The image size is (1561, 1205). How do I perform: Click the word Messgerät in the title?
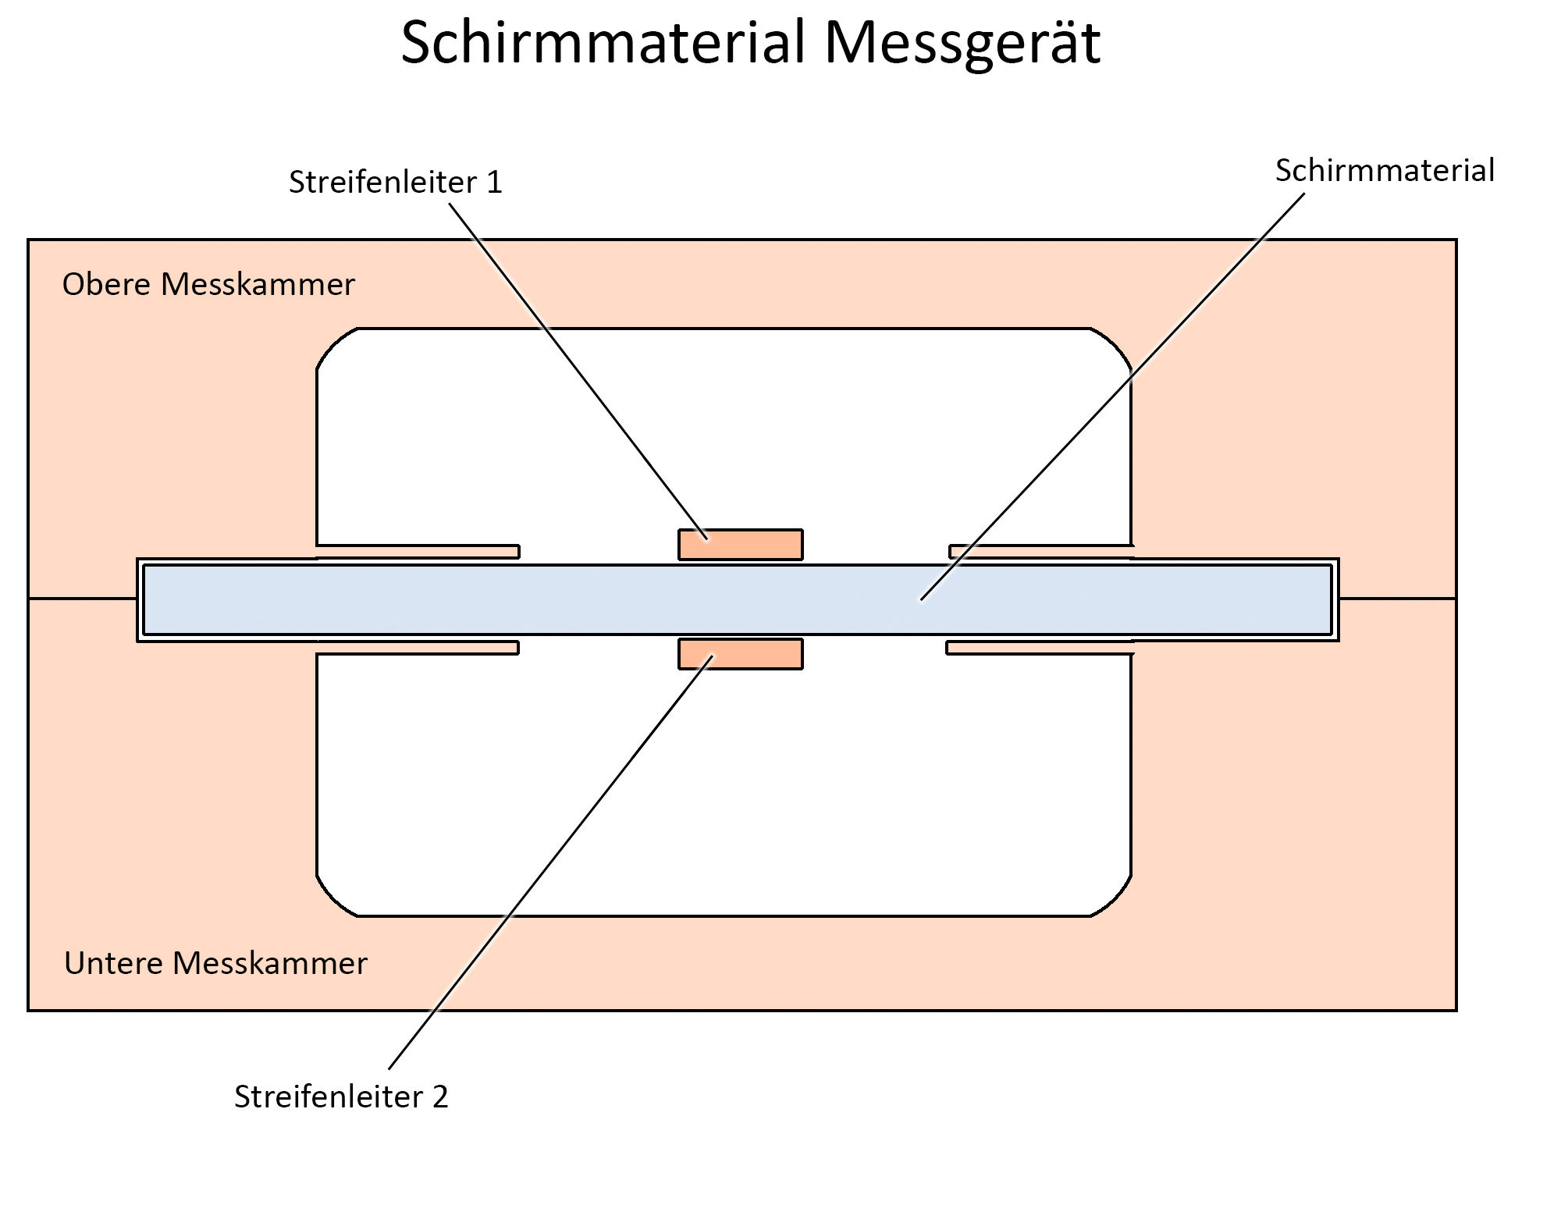click(x=962, y=44)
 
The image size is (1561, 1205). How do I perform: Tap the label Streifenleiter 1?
click(x=395, y=183)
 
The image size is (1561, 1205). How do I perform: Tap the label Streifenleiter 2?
click(x=341, y=1097)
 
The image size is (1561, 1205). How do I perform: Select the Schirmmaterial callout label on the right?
click(x=1384, y=171)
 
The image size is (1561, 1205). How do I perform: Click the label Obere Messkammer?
click(x=208, y=285)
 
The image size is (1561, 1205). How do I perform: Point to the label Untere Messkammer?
click(x=215, y=964)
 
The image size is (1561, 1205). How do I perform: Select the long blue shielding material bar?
click(x=546, y=599)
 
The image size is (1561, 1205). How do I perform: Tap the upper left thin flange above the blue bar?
click(x=418, y=552)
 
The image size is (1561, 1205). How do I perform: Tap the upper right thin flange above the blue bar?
click(x=1040, y=552)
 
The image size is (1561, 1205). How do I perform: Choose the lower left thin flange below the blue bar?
click(x=418, y=647)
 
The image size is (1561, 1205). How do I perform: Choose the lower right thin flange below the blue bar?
click(x=1039, y=647)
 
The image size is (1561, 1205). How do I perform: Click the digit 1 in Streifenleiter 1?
click(x=494, y=183)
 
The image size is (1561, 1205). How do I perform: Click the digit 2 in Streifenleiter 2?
click(x=439, y=1097)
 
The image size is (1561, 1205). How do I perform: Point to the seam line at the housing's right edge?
click(x=1397, y=599)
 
